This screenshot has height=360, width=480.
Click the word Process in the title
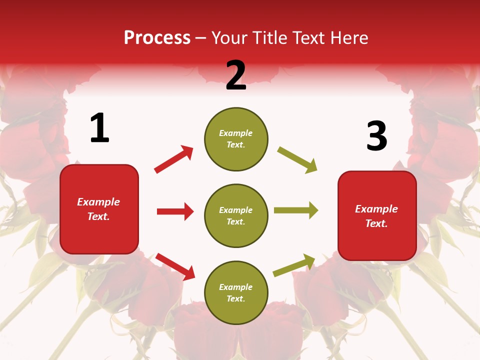(157, 38)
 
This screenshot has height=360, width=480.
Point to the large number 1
(99, 128)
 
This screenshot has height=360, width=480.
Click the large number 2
(236, 75)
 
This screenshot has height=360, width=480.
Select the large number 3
(376, 136)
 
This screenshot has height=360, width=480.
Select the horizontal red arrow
(175, 211)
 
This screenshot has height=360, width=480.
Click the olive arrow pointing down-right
(297, 160)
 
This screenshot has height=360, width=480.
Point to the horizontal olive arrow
(296, 210)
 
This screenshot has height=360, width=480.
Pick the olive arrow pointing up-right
(294, 265)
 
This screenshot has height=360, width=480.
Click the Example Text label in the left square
(98, 209)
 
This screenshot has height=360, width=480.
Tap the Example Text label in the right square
(376, 216)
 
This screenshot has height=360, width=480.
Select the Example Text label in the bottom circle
(236, 292)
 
